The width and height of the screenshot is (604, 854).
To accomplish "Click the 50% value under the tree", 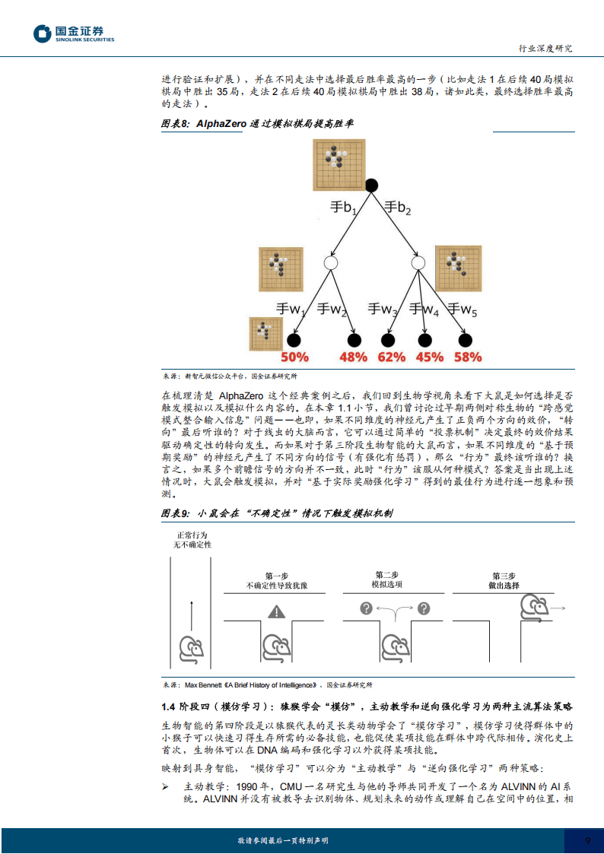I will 294,357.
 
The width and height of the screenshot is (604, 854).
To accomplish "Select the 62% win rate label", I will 391,357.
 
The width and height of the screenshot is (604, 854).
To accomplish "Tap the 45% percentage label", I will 429,357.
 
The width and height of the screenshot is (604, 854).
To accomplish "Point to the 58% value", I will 467,357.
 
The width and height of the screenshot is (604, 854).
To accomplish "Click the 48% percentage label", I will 353,357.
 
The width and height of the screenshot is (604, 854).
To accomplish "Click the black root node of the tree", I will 371,184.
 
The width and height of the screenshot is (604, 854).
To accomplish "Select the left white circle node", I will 330,262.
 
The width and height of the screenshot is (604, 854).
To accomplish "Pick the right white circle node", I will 418,262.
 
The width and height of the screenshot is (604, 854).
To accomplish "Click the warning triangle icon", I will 275,611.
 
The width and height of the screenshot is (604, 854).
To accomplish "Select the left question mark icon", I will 366,608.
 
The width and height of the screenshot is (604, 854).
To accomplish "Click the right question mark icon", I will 424,608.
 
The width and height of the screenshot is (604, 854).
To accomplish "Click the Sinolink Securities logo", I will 73,34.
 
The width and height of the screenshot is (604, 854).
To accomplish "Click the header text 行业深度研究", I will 545,48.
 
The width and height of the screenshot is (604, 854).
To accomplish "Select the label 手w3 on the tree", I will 383,309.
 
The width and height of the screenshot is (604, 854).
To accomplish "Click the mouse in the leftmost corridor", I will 191,648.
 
